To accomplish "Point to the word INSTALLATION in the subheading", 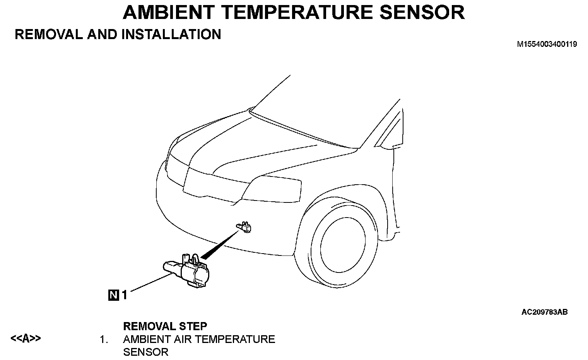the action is coord(171,34).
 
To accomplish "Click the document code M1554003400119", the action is coord(547,44).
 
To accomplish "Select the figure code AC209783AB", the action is coord(544,312).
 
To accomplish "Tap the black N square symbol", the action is coord(114,295).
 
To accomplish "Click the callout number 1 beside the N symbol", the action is coord(125,295).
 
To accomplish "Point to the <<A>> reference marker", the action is coord(26,339).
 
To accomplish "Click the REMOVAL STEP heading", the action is coord(165,326).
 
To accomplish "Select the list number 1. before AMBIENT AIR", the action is coord(103,340).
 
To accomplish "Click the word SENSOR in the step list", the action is coord(145,352).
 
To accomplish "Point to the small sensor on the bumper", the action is coord(244,227).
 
